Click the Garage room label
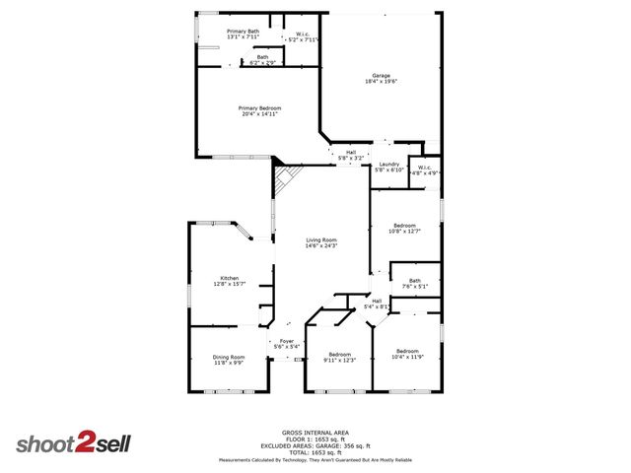[381, 76]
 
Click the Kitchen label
[230, 280]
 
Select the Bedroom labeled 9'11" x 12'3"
[339, 357]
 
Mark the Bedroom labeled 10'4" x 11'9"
[408, 354]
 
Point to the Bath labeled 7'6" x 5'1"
[415, 284]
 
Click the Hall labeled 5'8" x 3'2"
[351, 155]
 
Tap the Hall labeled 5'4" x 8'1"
[377, 304]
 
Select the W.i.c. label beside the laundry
[425, 169]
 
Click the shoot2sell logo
[74, 443]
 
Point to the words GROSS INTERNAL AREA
[315, 433]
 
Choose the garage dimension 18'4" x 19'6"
[381, 81]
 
